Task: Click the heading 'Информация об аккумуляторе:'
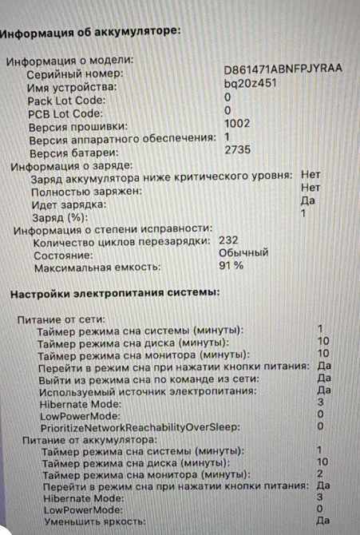pyautogui.click(x=91, y=33)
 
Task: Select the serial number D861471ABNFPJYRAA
pyautogui.click(x=283, y=69)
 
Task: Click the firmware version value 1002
pyautogui.click(x=237, y=123)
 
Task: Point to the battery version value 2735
pyautogui.click(x=238, y=149)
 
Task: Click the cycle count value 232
pyautogui.click(x=229, y=240)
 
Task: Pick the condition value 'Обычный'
pyautogui.click(x=243, y=252)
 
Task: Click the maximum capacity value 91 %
pyautogui.click(x=231, y=265)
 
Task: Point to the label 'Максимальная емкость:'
pyautogui.click(x=96, y=267)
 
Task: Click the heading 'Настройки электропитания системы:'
pyautogui.click(x=114, y=294)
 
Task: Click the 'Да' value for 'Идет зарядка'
pyautogui.click(x=307, y=200)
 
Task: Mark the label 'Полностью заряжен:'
pyautogui.click(x=87, y=192)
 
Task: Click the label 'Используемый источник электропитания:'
pyautogui.click(x=148, y=391)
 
